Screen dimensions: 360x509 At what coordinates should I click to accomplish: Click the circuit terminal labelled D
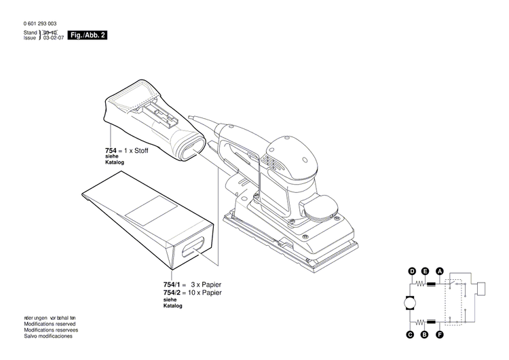coord(411,272)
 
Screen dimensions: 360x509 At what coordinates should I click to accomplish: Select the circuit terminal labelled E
coord(425,272)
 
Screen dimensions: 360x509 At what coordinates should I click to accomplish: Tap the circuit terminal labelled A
coord(440,272)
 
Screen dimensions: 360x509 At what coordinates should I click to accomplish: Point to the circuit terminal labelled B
coord(425,334)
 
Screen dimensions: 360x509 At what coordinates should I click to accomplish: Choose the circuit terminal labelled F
coord(440,334)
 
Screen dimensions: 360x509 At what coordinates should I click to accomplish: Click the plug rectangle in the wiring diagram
coord(483,289)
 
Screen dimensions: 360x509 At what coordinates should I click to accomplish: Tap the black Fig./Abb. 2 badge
coord(89,35)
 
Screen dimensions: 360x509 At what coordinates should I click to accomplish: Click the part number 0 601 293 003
coord(40,24)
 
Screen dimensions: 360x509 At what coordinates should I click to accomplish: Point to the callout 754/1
coord(172,284)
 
